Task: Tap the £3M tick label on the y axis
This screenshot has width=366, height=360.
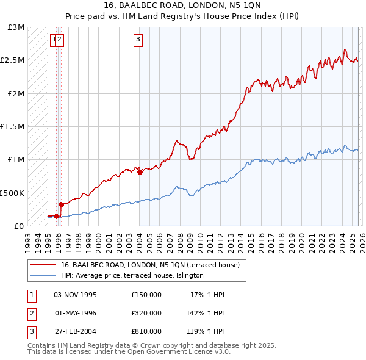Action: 16,27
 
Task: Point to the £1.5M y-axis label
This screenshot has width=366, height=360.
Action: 13,127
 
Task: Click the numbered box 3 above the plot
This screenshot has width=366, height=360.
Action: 138,40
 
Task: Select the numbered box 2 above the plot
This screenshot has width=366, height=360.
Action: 60,40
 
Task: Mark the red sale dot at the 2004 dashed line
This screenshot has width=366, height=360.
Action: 140,172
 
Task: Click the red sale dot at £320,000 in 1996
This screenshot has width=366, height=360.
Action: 61,204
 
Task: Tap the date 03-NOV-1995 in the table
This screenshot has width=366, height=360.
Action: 75,295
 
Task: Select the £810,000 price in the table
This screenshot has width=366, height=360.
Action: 146,331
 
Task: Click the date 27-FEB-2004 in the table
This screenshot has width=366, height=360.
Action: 75,331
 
